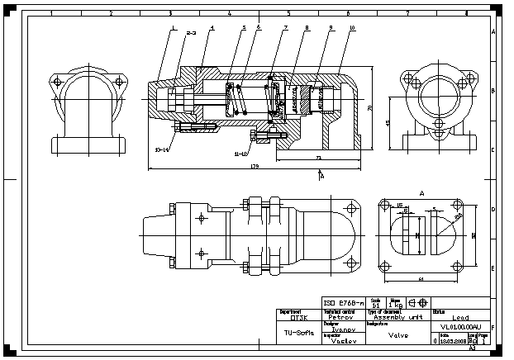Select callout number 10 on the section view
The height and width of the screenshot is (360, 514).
pos(352,28)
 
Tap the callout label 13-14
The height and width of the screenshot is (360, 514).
pos(162,149)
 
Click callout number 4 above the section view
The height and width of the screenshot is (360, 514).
pos(212,28)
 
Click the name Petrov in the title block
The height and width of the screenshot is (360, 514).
pos(341,316)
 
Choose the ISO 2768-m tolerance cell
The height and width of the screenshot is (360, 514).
pos(343,302)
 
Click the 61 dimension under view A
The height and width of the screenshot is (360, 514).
pos(421,280)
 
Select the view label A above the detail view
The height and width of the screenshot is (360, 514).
pos(422,192)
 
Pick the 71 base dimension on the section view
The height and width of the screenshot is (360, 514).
pos(318,156)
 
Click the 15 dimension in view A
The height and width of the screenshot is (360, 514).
pos(399,203)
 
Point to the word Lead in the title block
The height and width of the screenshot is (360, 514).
pos(460,316)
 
